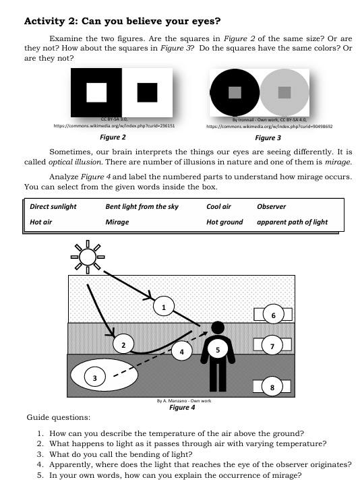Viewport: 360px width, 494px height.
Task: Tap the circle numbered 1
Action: [162, 307]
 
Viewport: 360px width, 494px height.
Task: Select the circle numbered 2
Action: [122, 345]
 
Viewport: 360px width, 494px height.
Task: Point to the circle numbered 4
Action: [180, 350]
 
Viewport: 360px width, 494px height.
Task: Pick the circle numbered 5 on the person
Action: [218, 350]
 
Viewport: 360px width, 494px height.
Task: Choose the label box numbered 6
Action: [273, 315]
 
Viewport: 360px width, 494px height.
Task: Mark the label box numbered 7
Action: [272, 346]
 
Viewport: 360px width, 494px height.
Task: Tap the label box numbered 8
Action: [272, 387]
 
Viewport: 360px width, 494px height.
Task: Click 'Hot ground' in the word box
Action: [224, 222]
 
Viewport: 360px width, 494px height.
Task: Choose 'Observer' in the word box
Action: [272, 206]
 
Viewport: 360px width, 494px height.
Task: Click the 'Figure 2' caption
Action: [113, 137]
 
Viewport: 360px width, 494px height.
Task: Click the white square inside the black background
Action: [96, 92]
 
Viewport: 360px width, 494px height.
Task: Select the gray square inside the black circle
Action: [235, 92]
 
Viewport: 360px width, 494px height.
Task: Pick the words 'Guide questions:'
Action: [58, 418]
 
